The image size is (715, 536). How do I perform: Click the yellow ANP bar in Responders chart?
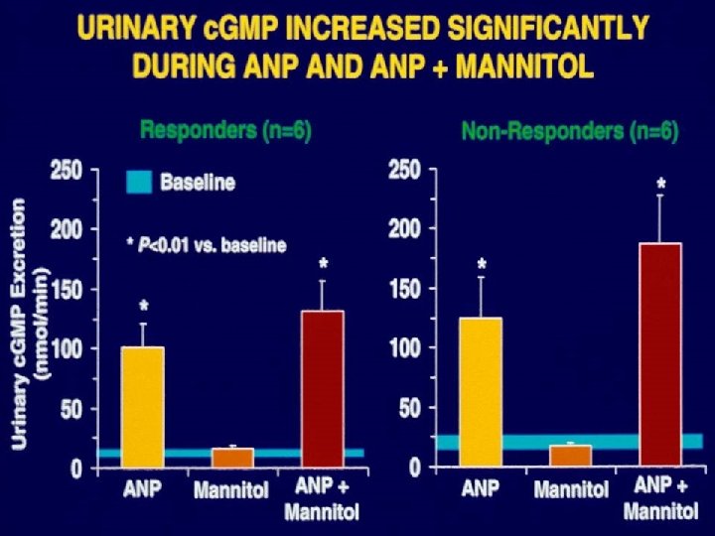click(x=142, y=407)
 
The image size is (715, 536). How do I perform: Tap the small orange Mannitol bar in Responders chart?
click(x=232, y=458)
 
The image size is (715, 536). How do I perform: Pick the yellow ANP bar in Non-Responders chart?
click(x=481, y=392)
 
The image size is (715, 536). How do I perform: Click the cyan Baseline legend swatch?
click(x=139, y=183)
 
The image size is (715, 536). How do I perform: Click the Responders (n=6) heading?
click(x=225, y=129)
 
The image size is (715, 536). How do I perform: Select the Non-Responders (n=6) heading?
click(x=569, y=131)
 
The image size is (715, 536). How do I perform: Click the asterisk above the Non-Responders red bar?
click(x=661, y=185)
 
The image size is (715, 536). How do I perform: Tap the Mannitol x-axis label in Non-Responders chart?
click(x=570, y=489)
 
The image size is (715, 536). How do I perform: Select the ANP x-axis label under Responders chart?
click(x=142, y=489)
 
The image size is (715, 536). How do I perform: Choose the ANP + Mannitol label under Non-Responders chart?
click(x=660, y=499)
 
